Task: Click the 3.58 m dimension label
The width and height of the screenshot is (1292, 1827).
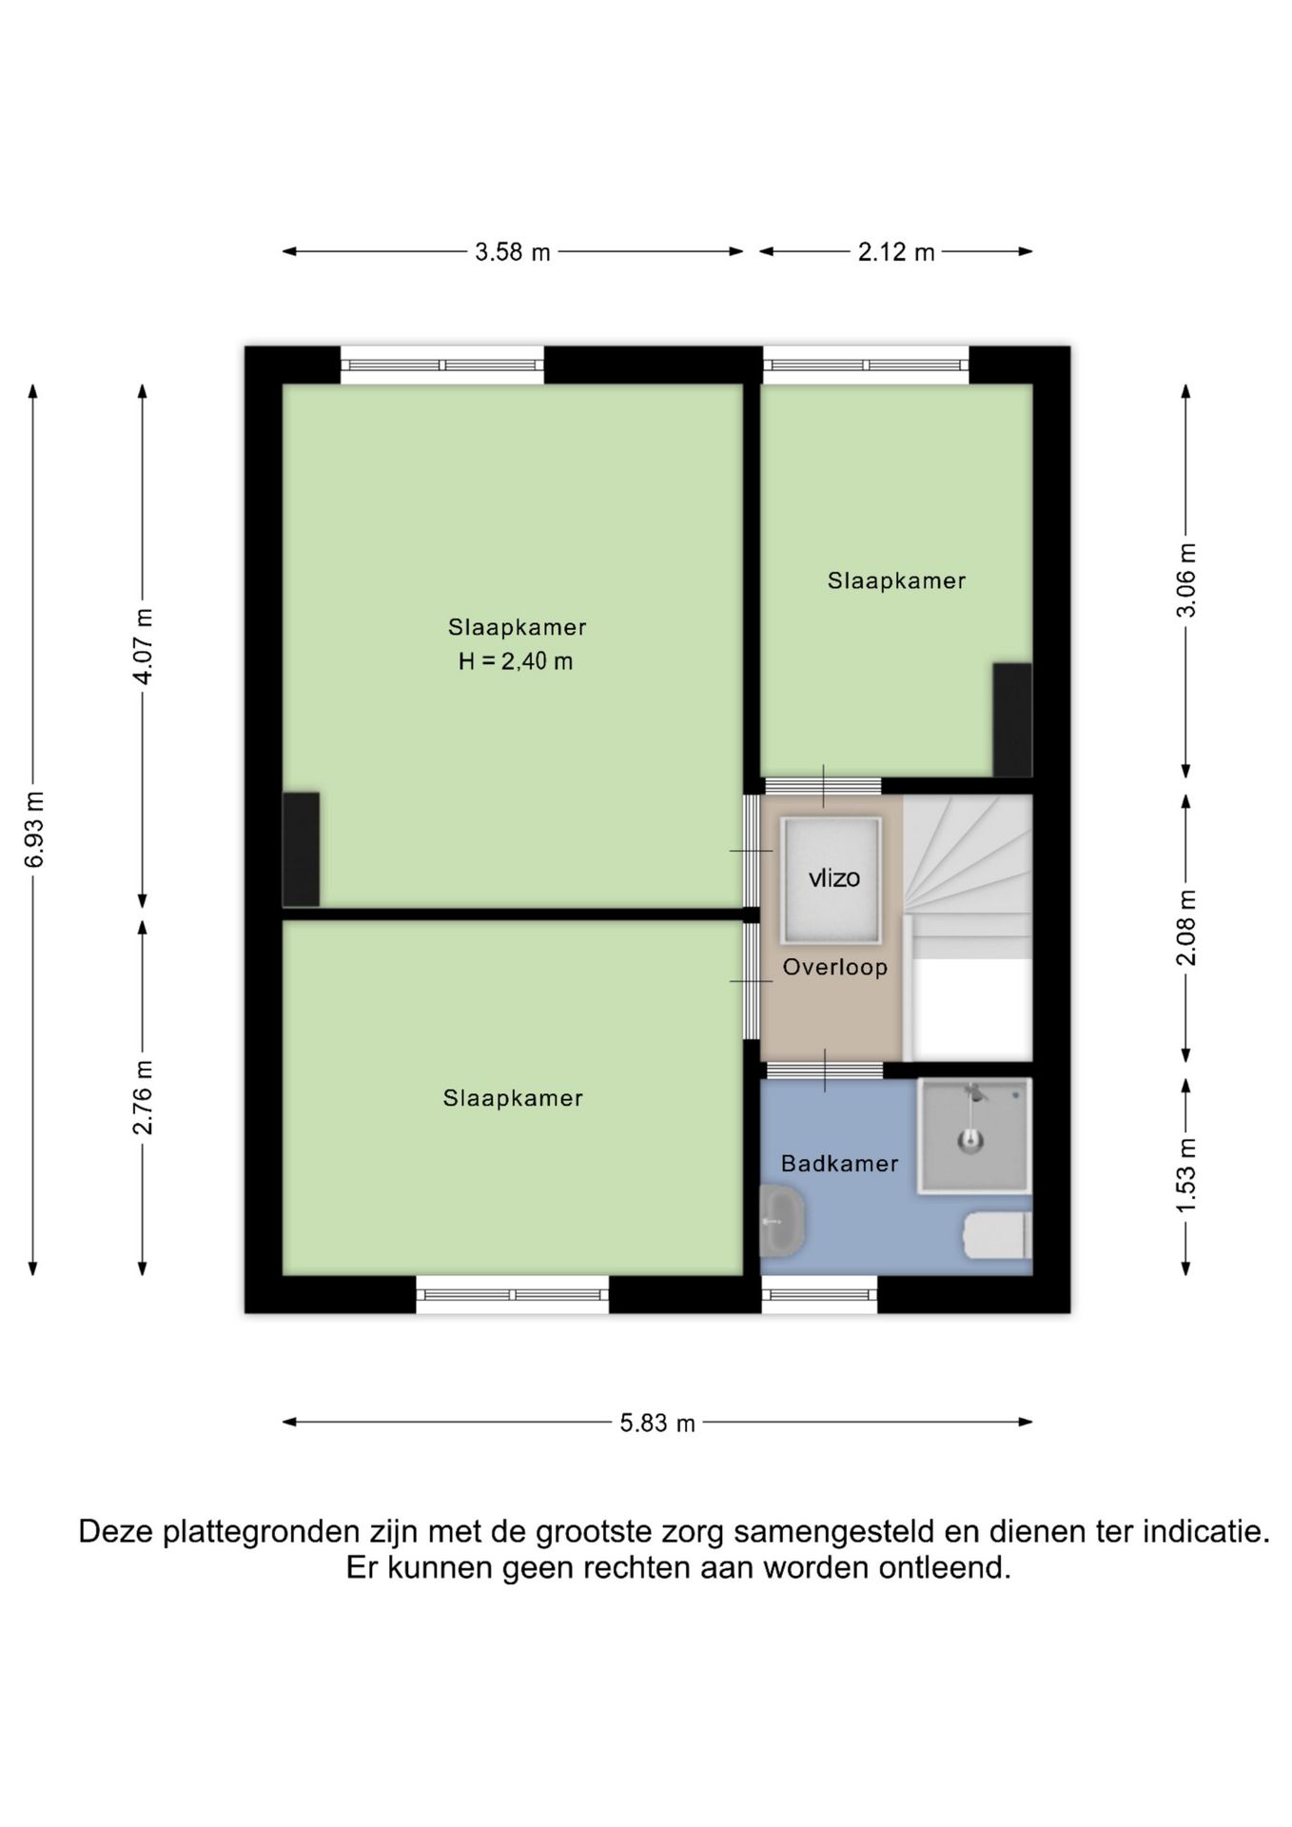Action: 513,252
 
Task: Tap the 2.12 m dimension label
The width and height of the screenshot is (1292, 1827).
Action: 896,252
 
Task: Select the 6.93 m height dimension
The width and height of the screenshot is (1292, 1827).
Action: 34,829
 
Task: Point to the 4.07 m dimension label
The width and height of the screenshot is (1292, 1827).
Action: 143,646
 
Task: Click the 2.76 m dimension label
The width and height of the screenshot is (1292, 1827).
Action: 143,1097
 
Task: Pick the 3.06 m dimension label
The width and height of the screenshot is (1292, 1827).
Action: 1186,580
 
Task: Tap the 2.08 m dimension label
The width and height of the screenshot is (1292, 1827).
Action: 1186,928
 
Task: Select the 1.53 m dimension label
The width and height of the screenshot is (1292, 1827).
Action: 1186,1177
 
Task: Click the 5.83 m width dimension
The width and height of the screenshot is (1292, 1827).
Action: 657,1423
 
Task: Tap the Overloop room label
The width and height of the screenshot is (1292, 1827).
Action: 835,968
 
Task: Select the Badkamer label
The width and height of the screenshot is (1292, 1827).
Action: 839,1163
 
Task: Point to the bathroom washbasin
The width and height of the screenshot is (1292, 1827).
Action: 782,1222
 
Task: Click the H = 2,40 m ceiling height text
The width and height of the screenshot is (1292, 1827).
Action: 516,661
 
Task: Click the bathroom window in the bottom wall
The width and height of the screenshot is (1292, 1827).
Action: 819,1294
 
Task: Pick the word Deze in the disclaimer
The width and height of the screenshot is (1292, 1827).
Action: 117,1532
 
